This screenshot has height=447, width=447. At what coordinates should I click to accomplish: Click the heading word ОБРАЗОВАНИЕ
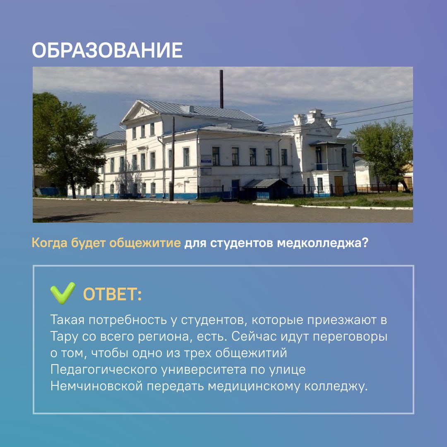pyautogui.click(x=107, y=50)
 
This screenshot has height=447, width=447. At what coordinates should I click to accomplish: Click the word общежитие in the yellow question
pyautogui.click(x=145, y=243)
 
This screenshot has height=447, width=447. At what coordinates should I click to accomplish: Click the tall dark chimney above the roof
pyautogui.click(x=221, y=89)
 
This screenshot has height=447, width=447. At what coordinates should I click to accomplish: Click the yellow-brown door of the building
pyautogui.click(x=339, y=185)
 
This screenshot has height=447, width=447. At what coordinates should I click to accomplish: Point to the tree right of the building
pyautogui.click(x=383, y=153)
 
